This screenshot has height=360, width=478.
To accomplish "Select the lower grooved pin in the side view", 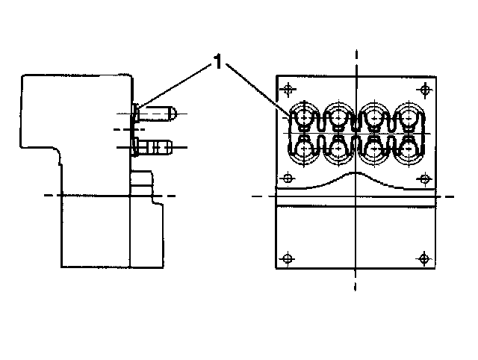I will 156,146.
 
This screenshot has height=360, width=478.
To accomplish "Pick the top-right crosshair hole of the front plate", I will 424,90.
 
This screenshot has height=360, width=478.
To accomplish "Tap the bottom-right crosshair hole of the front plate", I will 424,258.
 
